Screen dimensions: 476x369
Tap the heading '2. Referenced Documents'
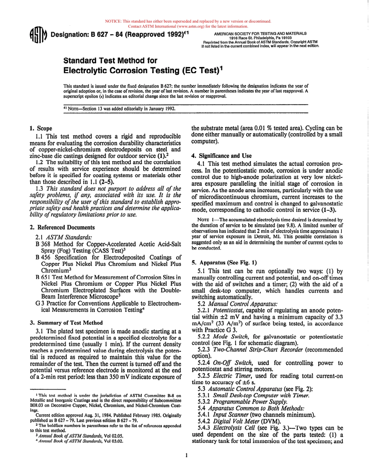62,227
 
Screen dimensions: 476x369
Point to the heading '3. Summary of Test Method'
66,323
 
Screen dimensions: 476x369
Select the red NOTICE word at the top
113,21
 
